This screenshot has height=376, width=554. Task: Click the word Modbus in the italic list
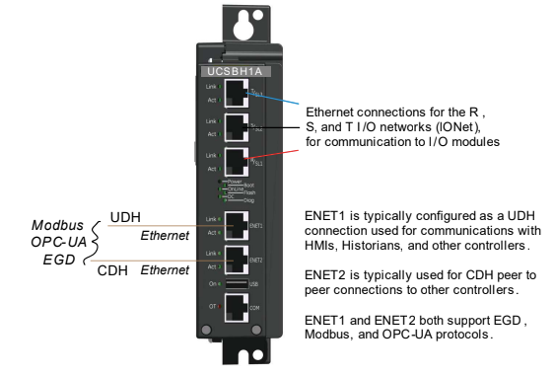[56, 225]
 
